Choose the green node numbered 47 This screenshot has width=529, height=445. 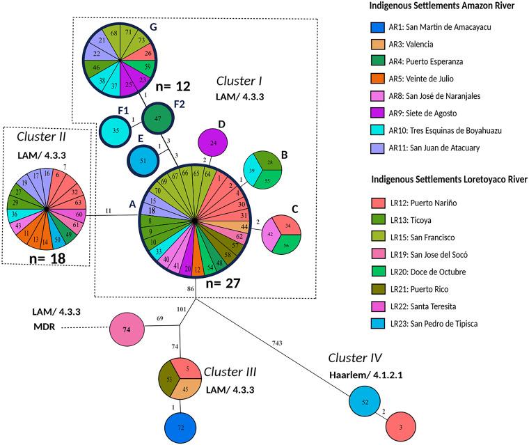(157, 117)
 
